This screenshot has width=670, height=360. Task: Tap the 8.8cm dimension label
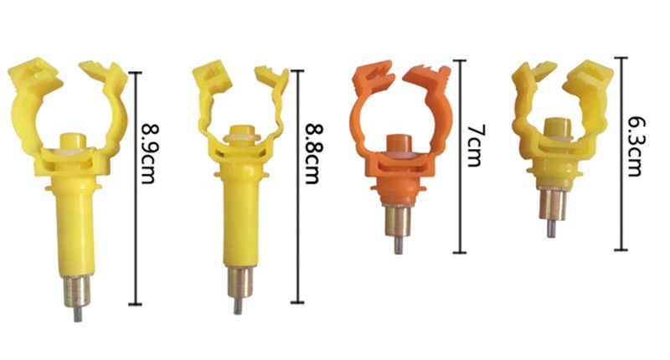click(312, 154)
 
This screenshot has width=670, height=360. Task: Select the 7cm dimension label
click(474, 146)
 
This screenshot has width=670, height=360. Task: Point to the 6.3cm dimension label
click(636, 147)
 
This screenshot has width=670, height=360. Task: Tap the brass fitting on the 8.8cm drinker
click(238, 283)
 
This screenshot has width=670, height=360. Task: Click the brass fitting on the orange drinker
click(398, 221)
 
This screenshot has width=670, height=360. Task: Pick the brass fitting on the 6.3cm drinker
click(551, 204)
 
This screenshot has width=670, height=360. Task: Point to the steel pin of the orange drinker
click(398, 245)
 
